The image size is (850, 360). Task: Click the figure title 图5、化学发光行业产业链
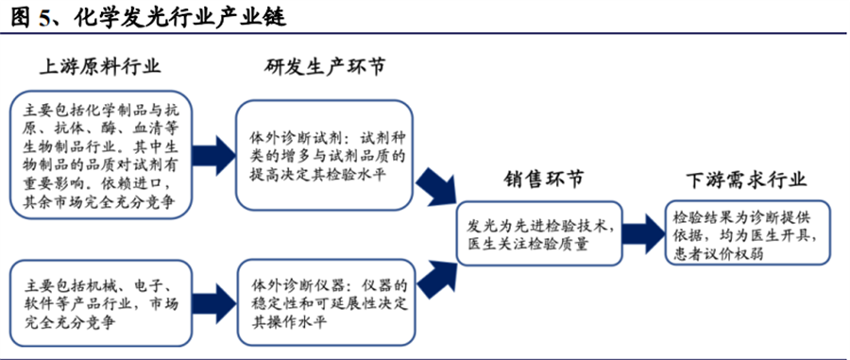pos(146,17)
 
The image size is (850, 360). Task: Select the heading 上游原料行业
pos(99,66)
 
